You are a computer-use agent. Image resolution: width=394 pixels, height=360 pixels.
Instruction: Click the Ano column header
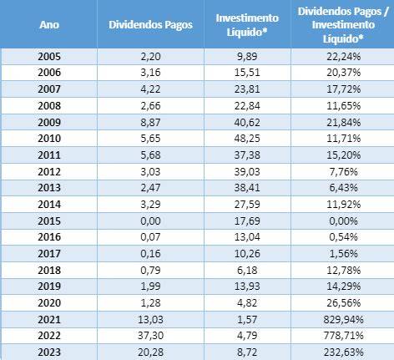[x=49, y=25]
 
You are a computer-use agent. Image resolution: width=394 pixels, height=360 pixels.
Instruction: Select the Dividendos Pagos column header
[x=150, y=25]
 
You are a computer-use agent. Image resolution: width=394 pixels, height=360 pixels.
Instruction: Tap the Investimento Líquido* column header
[x=247, y=25]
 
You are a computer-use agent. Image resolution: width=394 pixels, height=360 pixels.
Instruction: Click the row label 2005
[x=49, y=57]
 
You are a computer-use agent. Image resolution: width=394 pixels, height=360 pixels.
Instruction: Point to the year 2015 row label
[x=49, y=221]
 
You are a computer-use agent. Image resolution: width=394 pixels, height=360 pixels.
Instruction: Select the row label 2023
[x=49, y=352]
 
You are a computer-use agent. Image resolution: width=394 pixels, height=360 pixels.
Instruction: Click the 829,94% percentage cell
[x=343, y=319]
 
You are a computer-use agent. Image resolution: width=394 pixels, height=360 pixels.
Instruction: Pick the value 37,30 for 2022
[x=150, y=336]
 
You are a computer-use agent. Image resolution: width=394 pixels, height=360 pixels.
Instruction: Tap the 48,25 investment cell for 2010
[x=247, y=139]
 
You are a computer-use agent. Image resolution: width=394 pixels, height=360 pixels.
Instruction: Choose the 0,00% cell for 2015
[x=343, y=221]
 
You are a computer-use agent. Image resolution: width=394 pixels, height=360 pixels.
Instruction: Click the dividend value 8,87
[x=150, y=123]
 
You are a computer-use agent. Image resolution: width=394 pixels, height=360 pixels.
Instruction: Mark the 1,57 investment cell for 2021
[x=247, y=319]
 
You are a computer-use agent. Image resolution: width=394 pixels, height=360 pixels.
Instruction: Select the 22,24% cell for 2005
[x=343, y=57]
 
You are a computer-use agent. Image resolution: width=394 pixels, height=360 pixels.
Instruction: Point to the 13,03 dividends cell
[x=150, y=319]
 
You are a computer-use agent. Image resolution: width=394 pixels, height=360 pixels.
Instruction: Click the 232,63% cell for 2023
[x=343, y=352]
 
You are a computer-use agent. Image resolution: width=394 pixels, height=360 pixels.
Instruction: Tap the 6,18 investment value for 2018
[x=247, y=270]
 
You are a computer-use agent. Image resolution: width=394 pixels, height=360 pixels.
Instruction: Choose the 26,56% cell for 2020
[x=343, y=303]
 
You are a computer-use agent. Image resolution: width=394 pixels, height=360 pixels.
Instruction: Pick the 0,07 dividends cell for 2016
[x=150, y=237]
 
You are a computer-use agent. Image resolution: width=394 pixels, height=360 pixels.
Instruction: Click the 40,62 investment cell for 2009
[x=247, y=123]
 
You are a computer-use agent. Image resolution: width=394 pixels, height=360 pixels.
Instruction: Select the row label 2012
[x=49, y=171]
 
